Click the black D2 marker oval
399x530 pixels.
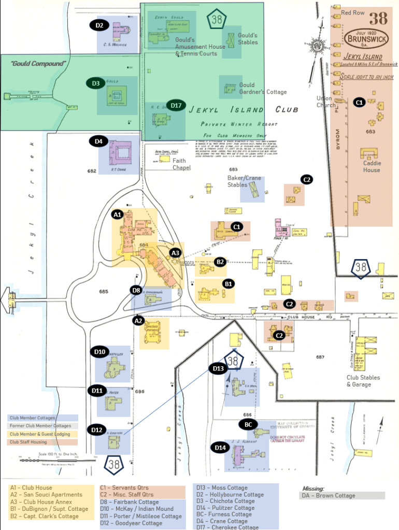99,25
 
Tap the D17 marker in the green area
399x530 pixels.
176,106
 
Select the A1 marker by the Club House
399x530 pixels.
118,214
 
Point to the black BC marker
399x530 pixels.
248,424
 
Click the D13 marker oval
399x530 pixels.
218,368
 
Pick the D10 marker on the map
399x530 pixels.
100,352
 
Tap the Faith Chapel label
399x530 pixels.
182,164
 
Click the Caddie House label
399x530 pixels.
371,166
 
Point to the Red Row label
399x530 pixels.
352,12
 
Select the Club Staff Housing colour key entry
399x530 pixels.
28,442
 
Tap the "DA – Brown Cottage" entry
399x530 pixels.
329,496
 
